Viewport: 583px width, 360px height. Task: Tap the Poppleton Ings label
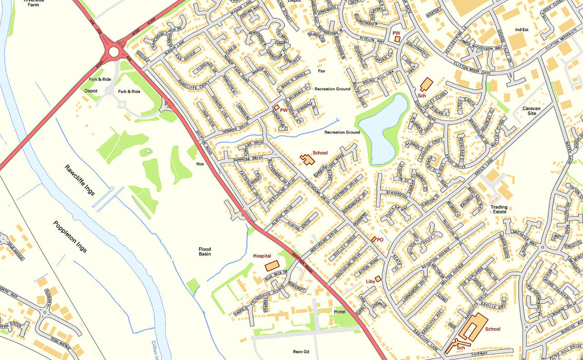69,236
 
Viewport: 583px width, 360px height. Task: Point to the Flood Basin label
205,252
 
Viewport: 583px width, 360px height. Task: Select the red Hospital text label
262,256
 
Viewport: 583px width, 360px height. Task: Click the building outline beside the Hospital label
272,265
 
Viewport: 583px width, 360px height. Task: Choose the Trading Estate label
498,210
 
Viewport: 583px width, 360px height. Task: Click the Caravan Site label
532,111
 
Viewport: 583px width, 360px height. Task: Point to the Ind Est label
521,30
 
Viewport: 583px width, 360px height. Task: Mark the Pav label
322,71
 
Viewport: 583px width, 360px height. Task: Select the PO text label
380,240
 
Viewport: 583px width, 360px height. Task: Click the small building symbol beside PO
373,239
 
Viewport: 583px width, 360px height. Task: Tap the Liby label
370,281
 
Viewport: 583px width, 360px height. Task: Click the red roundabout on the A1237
113,50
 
